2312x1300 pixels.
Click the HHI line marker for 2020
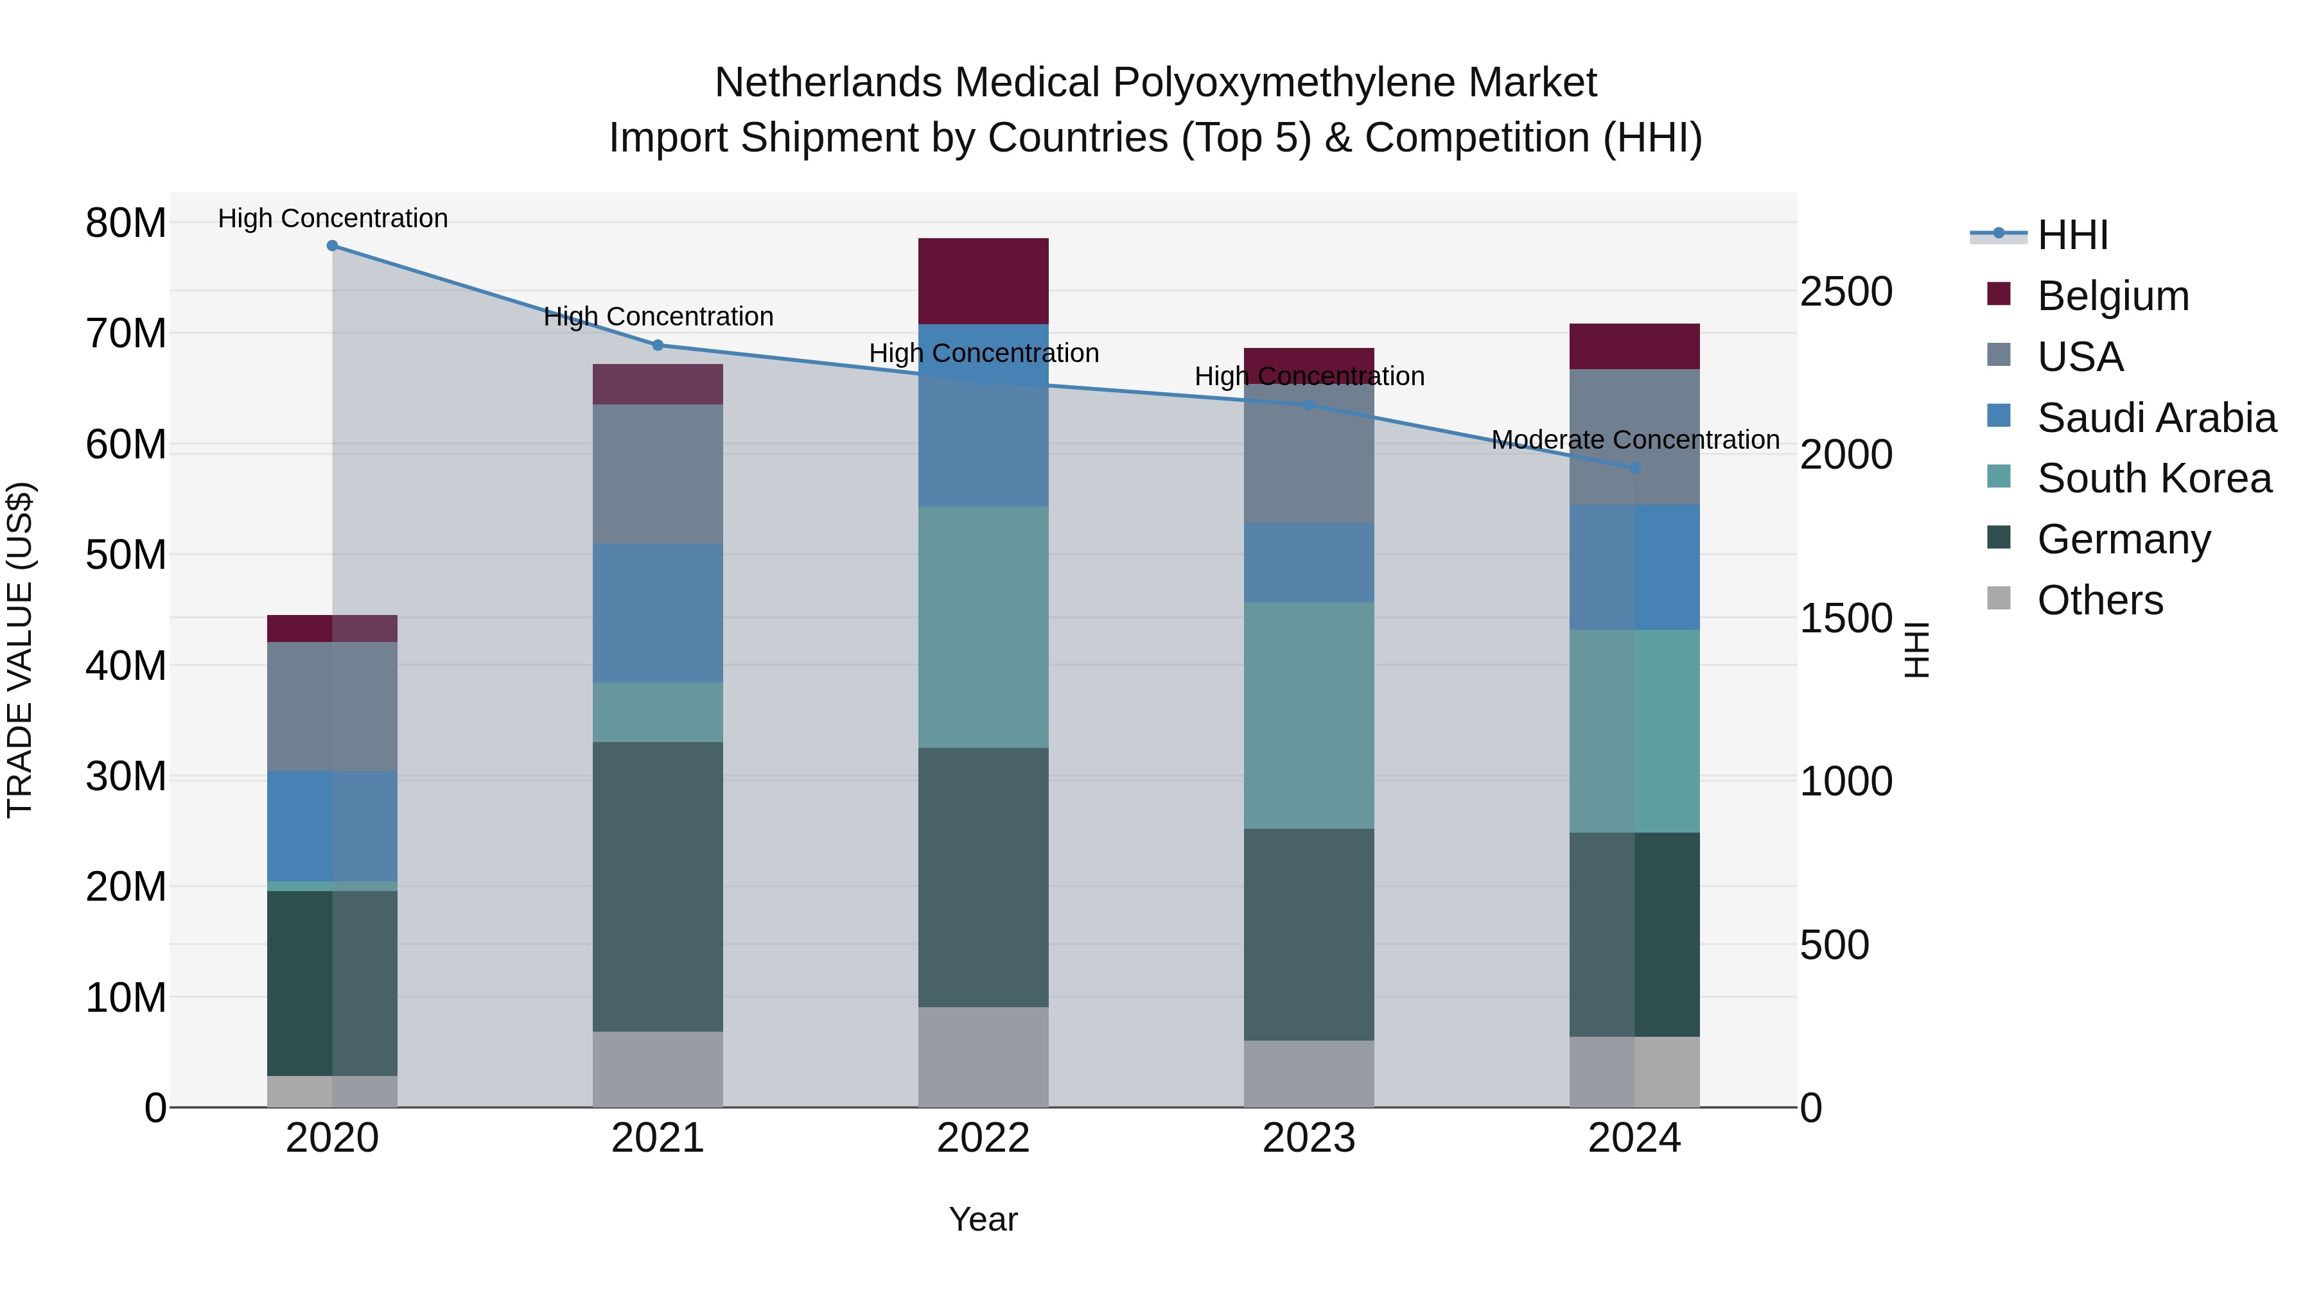coord(332,246)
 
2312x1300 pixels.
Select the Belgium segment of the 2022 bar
coord(983,281)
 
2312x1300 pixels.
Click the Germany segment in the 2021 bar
coord(657,887)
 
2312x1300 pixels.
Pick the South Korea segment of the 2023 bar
coord(1309,715)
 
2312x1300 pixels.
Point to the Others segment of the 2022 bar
coord(983,1057)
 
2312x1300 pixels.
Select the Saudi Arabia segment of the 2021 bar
coord(657,613)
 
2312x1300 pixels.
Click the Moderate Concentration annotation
coord(1634,440)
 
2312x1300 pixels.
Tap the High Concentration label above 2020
coord(332,219)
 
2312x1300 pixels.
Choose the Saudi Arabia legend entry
coord(2156,418)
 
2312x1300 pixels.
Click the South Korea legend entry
coord(2154,478)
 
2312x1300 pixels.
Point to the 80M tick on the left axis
coord(126,223)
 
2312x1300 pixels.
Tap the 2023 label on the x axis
coord(1309,1138)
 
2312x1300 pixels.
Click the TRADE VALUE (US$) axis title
coord(20,650)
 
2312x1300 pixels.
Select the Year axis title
coord(983,1219)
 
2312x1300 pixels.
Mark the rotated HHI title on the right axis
coord(1916,650)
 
